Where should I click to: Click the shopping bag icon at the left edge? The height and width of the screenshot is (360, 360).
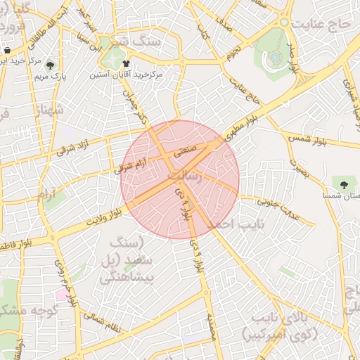pos(6,51)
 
